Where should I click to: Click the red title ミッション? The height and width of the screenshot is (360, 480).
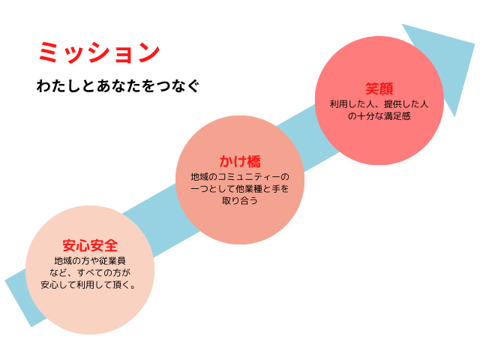coord(98,52)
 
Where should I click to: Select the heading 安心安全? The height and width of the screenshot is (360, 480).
coord(90,245)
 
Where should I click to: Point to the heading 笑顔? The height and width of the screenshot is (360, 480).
coord(379,88)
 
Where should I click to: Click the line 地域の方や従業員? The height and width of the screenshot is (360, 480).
coord(90,260)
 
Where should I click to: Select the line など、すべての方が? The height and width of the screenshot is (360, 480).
coord(90,272)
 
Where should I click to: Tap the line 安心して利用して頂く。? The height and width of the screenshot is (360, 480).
coord(90,285)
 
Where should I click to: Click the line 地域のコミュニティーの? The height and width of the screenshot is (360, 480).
coord(239,176)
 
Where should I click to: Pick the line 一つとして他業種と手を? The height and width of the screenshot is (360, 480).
coord(239,188)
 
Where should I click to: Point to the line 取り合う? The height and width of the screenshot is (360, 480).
coord(239,201)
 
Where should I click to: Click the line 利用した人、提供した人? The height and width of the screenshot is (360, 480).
coord(379,103)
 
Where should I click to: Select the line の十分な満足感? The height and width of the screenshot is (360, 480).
coord(379,116)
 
